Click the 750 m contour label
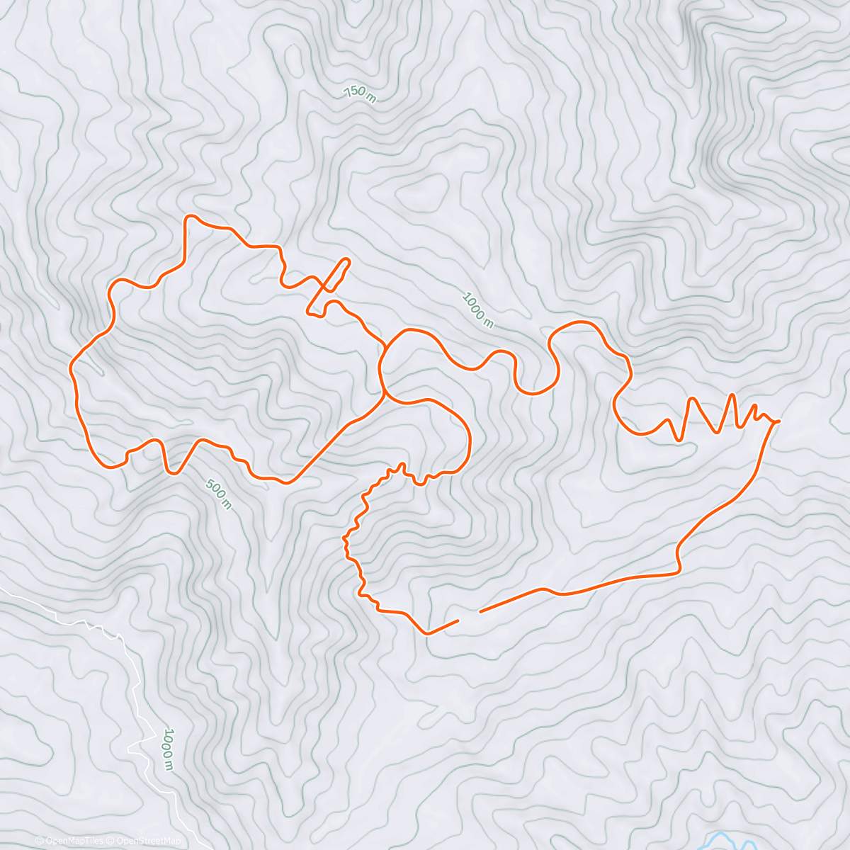click(x=360, y=93)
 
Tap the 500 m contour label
click(x=218, y=494)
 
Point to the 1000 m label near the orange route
click(x=477, y=310)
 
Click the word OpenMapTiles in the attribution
click(x=74, y=841)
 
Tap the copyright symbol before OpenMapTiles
click(x=39, y=841)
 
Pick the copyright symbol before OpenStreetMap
click(x=111, y=841)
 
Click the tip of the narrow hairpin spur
click(x=347, y=260)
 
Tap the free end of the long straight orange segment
click(x=481, y=611)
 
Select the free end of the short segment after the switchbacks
click(x=458, y=621)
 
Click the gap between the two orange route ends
click(x=469, y=616)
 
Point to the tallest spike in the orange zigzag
click(x=731, y=395)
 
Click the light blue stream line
click(x=730, y=839)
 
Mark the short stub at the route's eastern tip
click(x=776, y=421)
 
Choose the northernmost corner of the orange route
click(x=188, y=216)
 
